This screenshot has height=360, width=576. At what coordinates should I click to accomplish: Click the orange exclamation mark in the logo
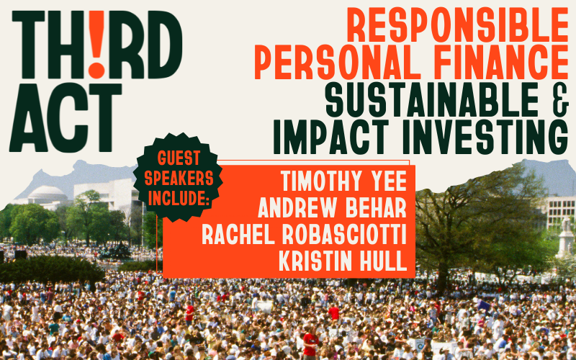[96, 44]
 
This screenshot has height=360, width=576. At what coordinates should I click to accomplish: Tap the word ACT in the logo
[66, 117]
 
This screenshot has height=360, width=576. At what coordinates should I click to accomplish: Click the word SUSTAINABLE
[432, 100]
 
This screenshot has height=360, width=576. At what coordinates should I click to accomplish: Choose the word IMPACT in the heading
[331, 138]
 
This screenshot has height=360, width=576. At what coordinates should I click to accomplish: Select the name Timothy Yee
[344, 181]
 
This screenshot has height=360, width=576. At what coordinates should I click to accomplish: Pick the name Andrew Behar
[332, 207]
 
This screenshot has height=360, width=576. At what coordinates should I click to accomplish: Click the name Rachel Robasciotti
[304, 235]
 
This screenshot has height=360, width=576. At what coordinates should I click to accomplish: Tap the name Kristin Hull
[343, 261]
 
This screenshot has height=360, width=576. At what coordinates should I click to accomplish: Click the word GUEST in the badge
[179, 158]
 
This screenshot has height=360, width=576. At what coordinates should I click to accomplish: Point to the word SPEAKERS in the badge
[179, 178]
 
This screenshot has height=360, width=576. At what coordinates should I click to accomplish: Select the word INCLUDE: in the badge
[179, 199]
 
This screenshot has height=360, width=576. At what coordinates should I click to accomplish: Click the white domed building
[47, 194]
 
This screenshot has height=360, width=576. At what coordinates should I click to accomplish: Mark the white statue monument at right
[565, 238]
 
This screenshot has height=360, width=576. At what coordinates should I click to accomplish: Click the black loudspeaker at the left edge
[20, 254]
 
